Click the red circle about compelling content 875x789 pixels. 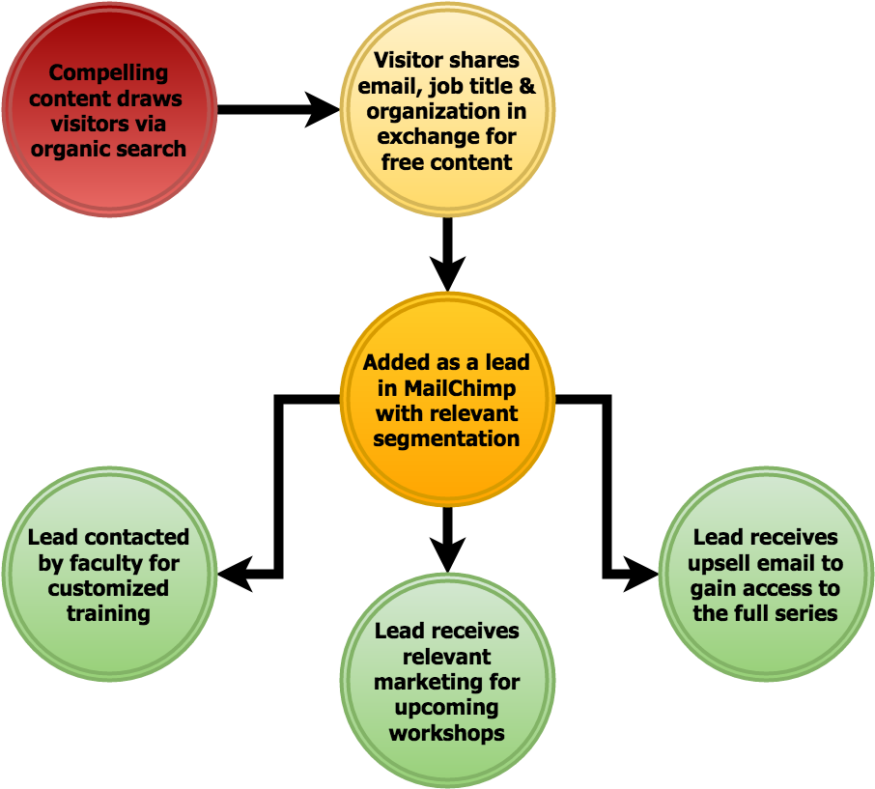tap(108, 110)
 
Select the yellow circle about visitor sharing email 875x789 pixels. tap(447, 110)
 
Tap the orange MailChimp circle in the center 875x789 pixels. tap(447, 399)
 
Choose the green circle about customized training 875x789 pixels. tap(108, 575)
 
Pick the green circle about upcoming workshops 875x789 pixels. tap(447, 681)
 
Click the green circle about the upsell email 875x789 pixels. tap(766, 575)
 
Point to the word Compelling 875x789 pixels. tap(108, 73)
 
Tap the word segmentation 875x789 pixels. tap(447, 438)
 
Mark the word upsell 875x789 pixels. tap(723, 562)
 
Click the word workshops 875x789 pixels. tap(447, 733)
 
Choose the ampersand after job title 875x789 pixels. tap(526, 86)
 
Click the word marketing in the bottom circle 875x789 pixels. tap(423, 682)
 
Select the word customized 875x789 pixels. tap(108, 588)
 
